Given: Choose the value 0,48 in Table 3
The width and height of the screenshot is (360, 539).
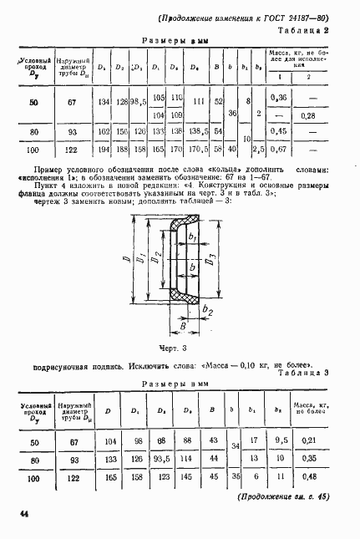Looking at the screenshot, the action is point(308,479).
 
